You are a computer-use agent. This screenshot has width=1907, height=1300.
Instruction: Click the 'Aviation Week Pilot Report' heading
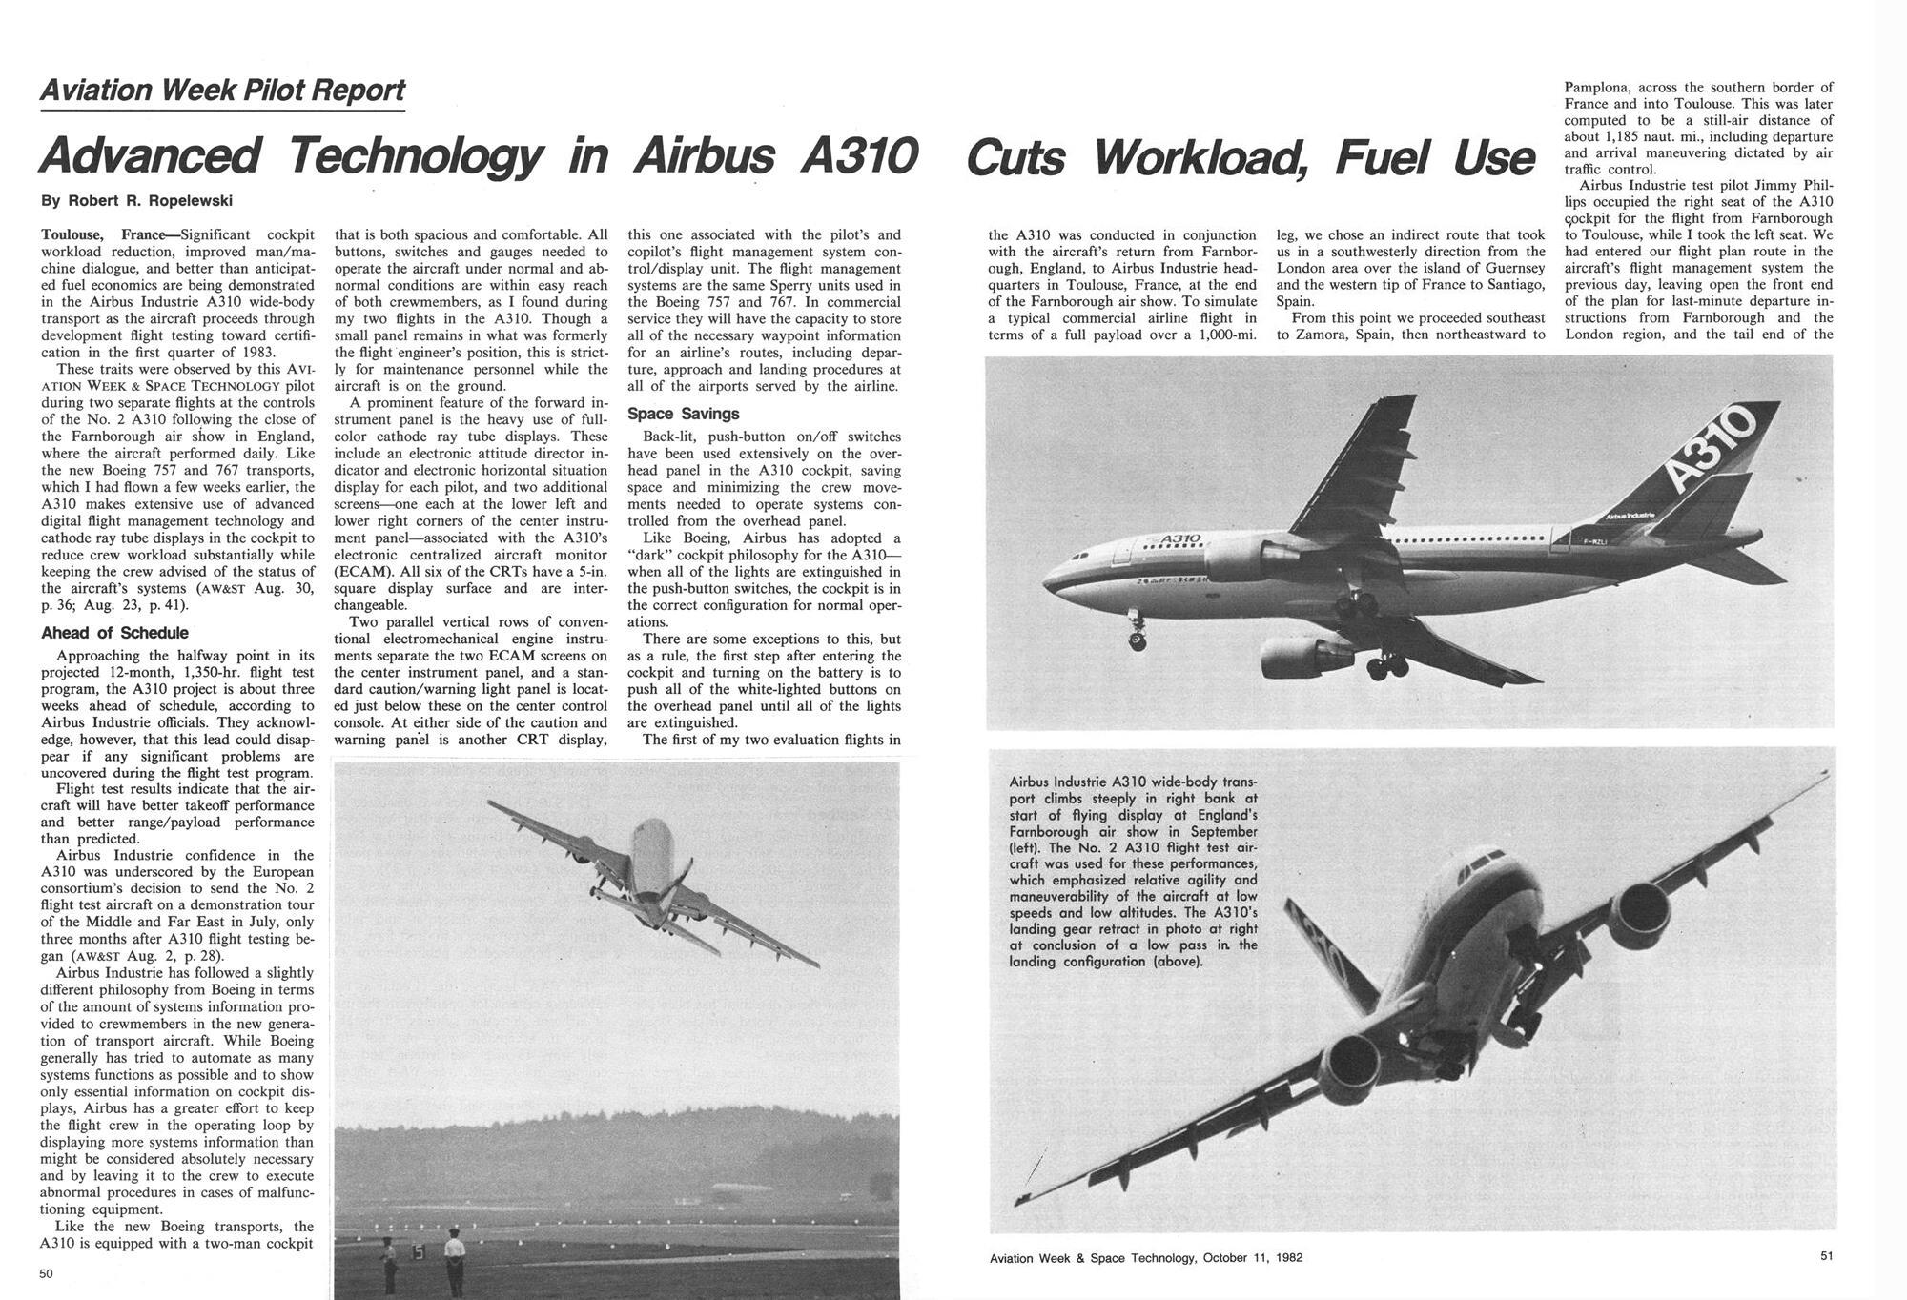pyautogui.click(x=223, y=91)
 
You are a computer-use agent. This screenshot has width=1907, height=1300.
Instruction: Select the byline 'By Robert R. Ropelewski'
pyautogui.click(x=136, y=201)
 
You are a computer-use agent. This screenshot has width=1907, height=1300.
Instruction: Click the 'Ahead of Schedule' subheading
pyautogui.click(x=115, y=633)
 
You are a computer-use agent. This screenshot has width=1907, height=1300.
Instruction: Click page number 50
pyautogui.click(x=47, y=1273)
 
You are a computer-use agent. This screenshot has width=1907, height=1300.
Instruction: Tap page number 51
pyautogui.click(x=1825, y=1256)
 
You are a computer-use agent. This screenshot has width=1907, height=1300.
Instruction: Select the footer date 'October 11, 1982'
pyautogui.click(x=1252, y=1257)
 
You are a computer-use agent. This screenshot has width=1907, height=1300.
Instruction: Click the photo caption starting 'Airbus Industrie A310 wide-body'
pyautogui.click(x=1134, y=871)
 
